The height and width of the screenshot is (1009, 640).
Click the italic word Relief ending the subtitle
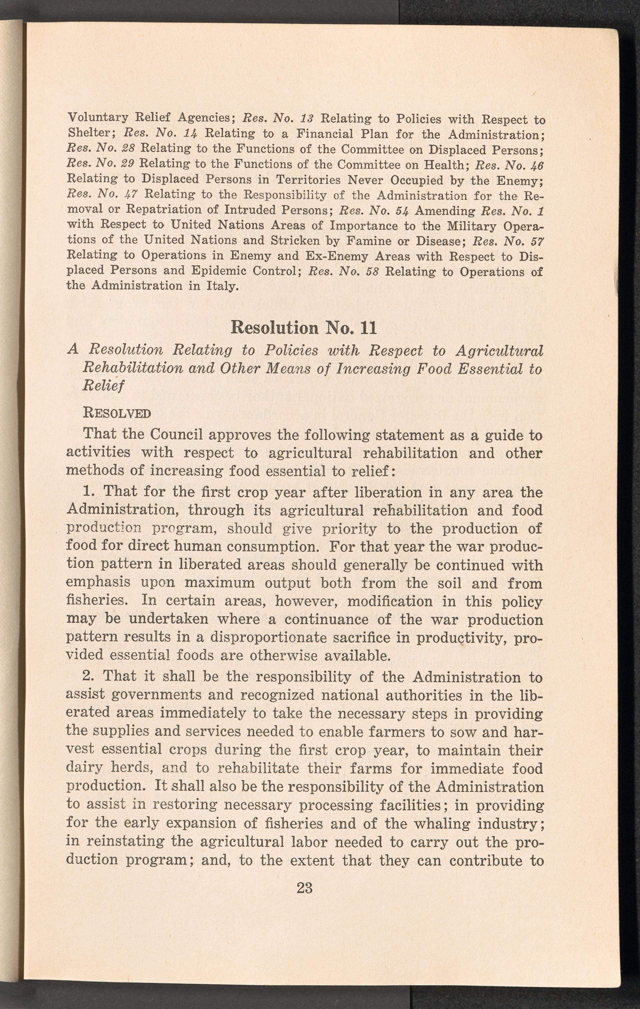pos(103,385)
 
